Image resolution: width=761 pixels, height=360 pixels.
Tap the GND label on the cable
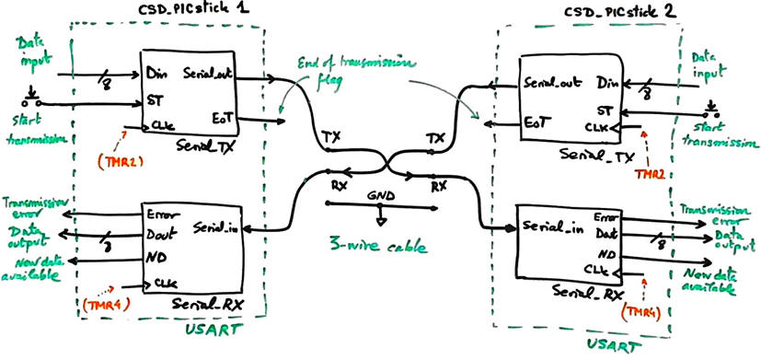point(378,197)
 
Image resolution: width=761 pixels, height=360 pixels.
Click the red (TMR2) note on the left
point(117,161)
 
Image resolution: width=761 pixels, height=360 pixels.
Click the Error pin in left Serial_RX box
point(162,214)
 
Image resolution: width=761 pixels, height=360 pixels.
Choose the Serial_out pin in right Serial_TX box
point(550,83)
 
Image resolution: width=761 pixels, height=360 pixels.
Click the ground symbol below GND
point(380,221)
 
